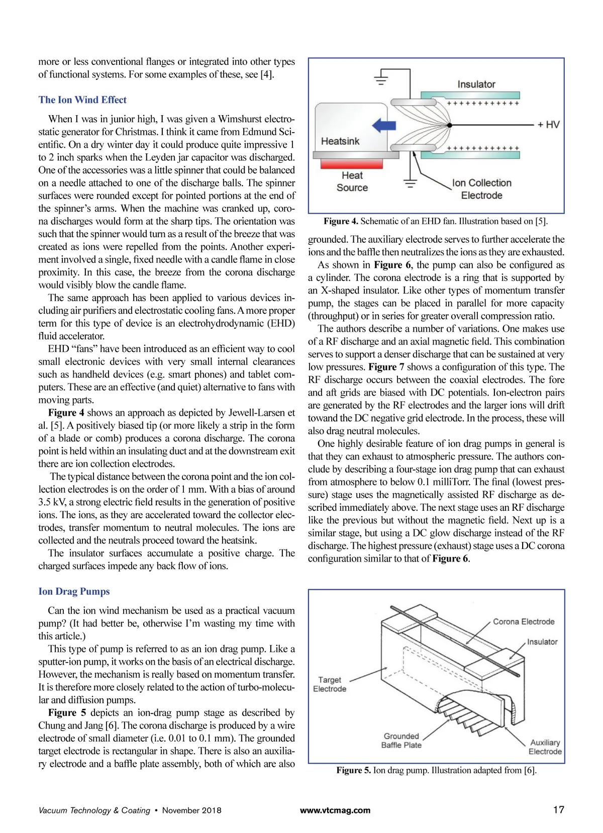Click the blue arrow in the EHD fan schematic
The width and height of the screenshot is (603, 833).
point(384,125)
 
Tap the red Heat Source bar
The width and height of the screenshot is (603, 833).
point(351,163)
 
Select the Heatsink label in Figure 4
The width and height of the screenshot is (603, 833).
point(340,141)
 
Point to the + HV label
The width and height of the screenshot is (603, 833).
point(548,124)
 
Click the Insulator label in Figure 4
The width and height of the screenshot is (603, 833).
point(476,84)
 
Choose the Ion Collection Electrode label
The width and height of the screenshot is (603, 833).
point(481,189)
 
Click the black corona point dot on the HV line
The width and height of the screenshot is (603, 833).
point(450,125)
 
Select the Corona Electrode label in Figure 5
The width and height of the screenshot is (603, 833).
point(524,621)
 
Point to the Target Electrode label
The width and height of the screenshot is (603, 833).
point(330,684)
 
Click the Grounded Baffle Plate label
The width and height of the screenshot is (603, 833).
point(401,741)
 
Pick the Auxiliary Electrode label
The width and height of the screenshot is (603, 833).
point(545,747)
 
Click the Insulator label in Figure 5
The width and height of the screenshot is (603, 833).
point(542,642)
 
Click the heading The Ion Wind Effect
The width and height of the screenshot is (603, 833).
point(82,100)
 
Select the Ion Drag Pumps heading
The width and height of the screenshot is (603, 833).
point(74,591)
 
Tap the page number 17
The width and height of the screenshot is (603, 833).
point(558,809)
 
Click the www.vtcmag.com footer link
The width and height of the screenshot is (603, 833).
point(335,810)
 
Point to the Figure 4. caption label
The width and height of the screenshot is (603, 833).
point(341,221)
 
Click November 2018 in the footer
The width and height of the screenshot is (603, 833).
point(191,810)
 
